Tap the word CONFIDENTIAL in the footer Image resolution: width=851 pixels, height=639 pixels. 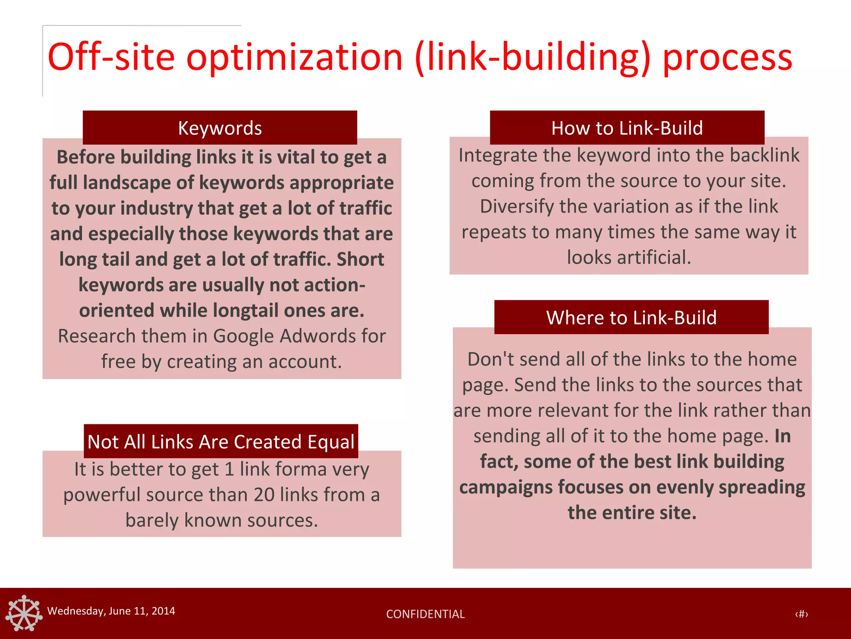pos(425,614)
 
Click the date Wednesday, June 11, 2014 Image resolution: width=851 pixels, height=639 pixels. pos(111,611)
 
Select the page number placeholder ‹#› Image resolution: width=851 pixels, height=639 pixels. pos(801,614)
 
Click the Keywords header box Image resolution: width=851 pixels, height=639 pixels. pos(220,128)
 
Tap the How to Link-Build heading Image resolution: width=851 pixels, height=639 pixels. pos(627,128)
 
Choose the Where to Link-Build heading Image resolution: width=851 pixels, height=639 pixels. pos(631,317)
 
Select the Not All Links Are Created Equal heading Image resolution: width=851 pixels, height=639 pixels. pos(221,441)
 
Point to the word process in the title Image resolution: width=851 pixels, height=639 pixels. pos(727,57)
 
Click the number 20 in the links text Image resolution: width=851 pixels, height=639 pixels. pos(264,495)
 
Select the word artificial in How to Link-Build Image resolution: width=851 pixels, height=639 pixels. pos(654,258)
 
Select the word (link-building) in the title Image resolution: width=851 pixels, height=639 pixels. pos(533,57)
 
